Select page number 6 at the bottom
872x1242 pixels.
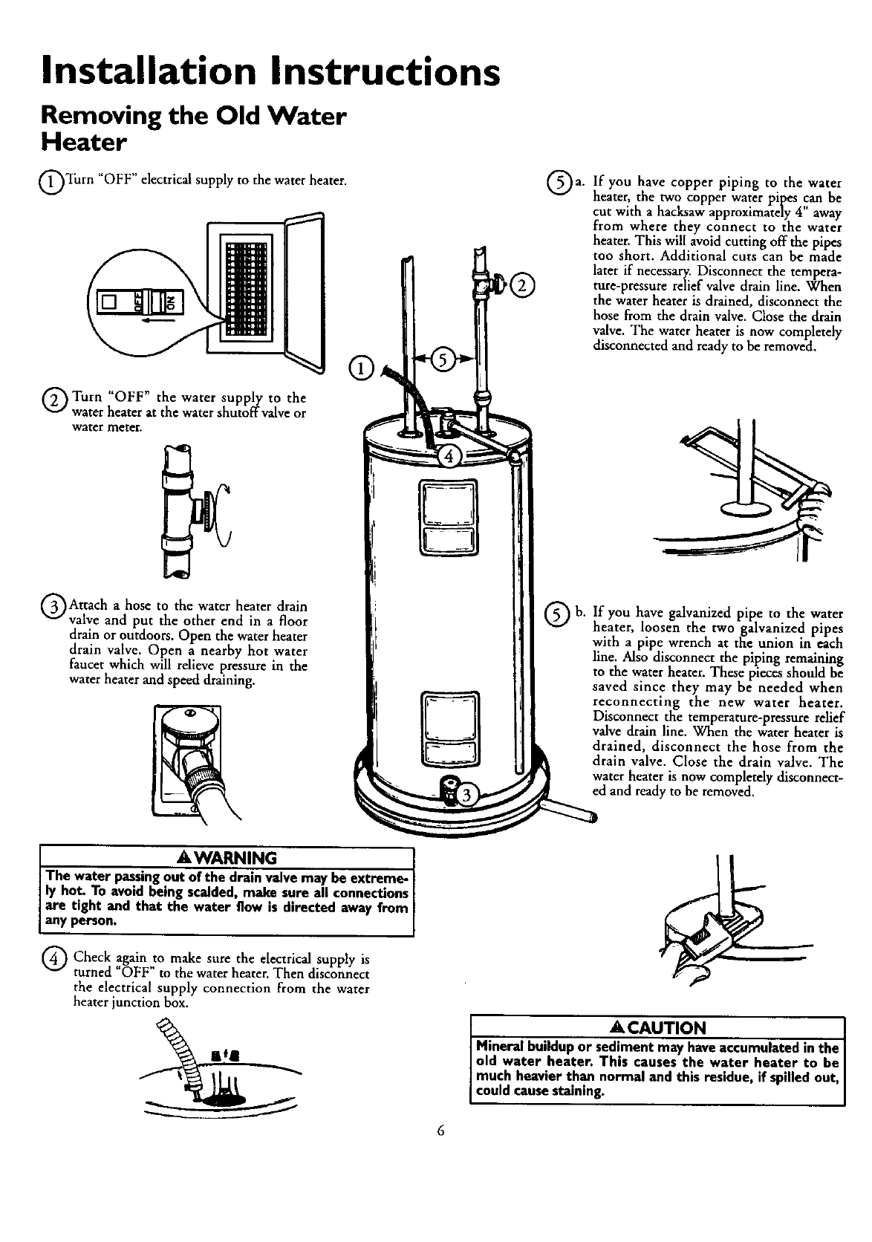point(440,1131)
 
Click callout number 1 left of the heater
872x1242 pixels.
point(359,367)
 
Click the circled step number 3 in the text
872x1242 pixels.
point(53,602)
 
